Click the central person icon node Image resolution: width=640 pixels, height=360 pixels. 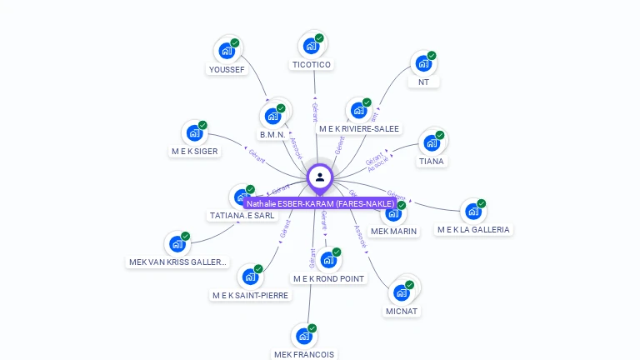pos(320,177)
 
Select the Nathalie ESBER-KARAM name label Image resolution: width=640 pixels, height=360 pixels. pos(320,203)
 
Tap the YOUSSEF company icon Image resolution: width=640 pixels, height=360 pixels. pos(226,51)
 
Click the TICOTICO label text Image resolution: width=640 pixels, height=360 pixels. pos(312,65)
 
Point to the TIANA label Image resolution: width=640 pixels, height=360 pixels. pos(431,161)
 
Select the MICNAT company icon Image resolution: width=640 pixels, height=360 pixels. pos(402,292)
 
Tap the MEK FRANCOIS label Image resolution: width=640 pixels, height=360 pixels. pos(304,354)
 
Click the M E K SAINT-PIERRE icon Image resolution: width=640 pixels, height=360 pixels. pos(249,277)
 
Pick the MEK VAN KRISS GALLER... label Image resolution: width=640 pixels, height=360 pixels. pos(178,262)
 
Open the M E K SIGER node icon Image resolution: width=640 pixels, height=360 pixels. pos(194,132)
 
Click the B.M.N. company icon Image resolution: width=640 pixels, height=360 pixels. pos(272,116)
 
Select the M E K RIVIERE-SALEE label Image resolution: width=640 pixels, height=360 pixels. pos(359,129)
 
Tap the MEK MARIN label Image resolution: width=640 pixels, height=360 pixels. pos(393,231)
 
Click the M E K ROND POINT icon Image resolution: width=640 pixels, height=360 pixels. pos(327,260)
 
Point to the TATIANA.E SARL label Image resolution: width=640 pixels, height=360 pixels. pos(242,215)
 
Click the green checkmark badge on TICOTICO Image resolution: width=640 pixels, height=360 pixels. pos(319,38)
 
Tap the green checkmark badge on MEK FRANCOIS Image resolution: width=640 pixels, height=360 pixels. pos(312,327)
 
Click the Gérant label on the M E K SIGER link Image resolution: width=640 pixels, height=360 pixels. pos(257,155)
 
